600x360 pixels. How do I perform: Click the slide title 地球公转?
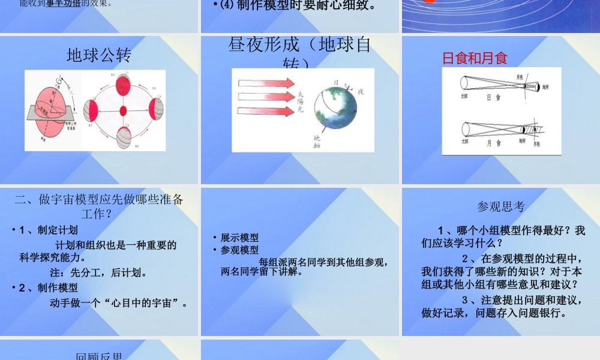pos(98,55)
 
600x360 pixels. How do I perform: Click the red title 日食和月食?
pos(475,58)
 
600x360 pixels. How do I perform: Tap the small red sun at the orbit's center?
pos(123,111)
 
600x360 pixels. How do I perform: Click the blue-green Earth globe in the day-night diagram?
pos(334,109)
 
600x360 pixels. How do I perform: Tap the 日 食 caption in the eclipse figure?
pos(494,97)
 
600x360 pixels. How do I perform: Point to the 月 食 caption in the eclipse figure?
pos(494,143)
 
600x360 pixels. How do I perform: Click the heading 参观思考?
pos(501,206)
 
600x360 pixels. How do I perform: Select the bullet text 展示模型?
pos(239,238)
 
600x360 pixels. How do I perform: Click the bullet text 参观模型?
pos(239,250)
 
